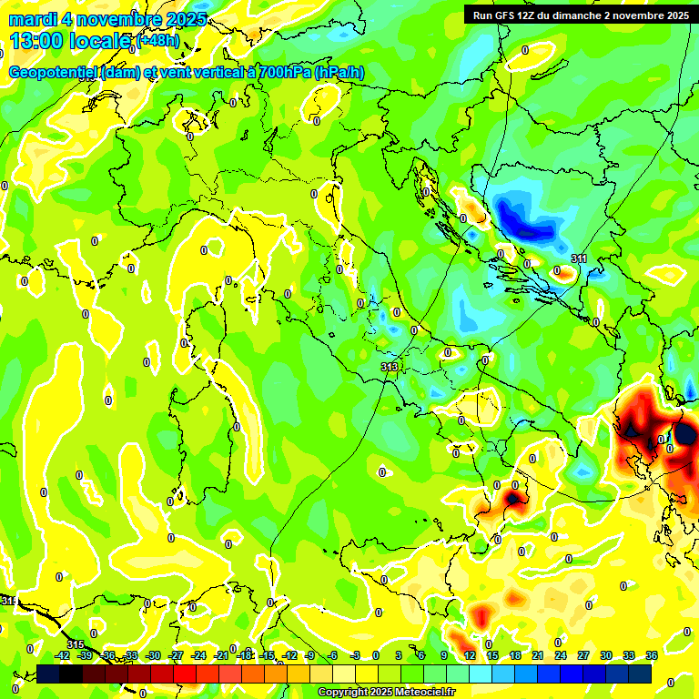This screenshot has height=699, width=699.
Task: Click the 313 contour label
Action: click(x=390, y=367)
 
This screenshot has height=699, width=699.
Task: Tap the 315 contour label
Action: click(x=75, y=645)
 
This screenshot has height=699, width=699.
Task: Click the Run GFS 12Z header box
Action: click(x=581, y=15)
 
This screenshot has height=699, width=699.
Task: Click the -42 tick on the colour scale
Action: click(x=63, y=655)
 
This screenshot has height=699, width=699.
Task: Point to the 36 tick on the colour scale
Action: click(x=652, y=655)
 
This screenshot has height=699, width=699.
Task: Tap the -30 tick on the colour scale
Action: click(x=153, y=655)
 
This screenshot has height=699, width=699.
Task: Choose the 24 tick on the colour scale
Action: click(x=560, y=655)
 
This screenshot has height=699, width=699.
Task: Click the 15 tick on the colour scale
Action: click(x=492, y=655)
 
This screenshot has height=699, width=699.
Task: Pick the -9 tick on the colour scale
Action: click(x=310, y=655)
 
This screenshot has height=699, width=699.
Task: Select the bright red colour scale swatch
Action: click(x=185, y=674)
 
